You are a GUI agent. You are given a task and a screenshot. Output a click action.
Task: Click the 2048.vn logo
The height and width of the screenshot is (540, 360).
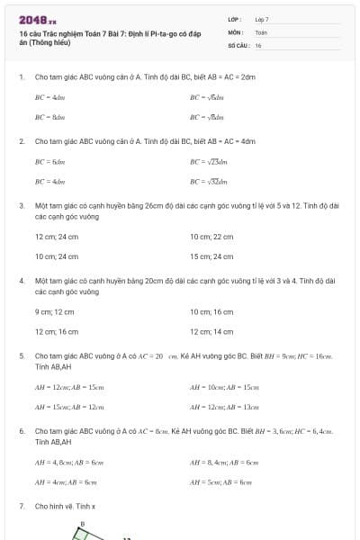tap(38, 19)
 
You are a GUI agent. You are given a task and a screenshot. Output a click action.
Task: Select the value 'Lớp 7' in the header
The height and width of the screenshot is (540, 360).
tap(262, 19)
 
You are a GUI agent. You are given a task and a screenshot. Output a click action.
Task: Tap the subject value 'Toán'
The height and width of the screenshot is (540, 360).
tap(261, 31)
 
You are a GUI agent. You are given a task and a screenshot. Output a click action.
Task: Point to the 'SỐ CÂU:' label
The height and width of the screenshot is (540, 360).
tap(238, 44)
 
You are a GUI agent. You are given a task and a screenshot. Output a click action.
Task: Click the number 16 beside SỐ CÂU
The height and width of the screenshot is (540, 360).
tap(258, 44)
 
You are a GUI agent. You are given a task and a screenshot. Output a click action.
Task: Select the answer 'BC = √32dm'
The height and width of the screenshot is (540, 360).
tap(209, 181)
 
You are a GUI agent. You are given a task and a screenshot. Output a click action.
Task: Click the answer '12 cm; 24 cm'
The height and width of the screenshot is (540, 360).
tap(52, 237)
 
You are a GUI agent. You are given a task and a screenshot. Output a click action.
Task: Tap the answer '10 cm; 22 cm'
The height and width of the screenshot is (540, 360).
tap(211, 237)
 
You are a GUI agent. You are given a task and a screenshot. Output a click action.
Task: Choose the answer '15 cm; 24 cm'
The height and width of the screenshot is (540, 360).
tap(211, 256)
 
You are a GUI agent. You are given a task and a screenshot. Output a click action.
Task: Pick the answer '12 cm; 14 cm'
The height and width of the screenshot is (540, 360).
tap(211, 331)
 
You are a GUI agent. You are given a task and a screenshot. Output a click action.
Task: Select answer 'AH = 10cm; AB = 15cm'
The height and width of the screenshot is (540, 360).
tap(224, 387)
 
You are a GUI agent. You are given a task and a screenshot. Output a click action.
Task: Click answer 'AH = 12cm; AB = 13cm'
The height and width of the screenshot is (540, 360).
tap(224, 407)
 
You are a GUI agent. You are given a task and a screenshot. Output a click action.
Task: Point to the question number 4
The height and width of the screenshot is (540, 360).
tap(21, 281)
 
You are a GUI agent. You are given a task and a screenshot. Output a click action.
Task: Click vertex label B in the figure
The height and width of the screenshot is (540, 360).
tap(82, 523)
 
